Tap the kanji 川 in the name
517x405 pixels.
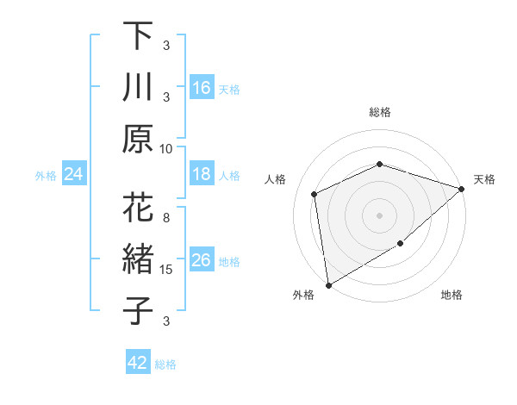click(138, 88)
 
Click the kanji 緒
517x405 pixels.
click(138, 259)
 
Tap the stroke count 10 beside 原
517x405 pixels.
click(166, 148)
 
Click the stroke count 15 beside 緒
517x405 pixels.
click(166, 270)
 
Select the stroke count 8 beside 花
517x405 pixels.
click(166, 217)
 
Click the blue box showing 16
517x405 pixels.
click(202, 88)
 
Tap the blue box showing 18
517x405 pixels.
click(202, 175)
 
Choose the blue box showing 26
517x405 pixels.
click(202, 261)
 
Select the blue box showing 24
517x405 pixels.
click(74, 175)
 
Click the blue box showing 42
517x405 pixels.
click(138, 363)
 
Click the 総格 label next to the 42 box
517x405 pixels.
click(165, 364)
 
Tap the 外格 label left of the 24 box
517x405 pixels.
click(46, 176)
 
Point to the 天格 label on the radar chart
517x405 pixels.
click(484, 179)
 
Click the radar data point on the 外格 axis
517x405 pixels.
click(328, 284)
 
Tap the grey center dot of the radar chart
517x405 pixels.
click(379, 215)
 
